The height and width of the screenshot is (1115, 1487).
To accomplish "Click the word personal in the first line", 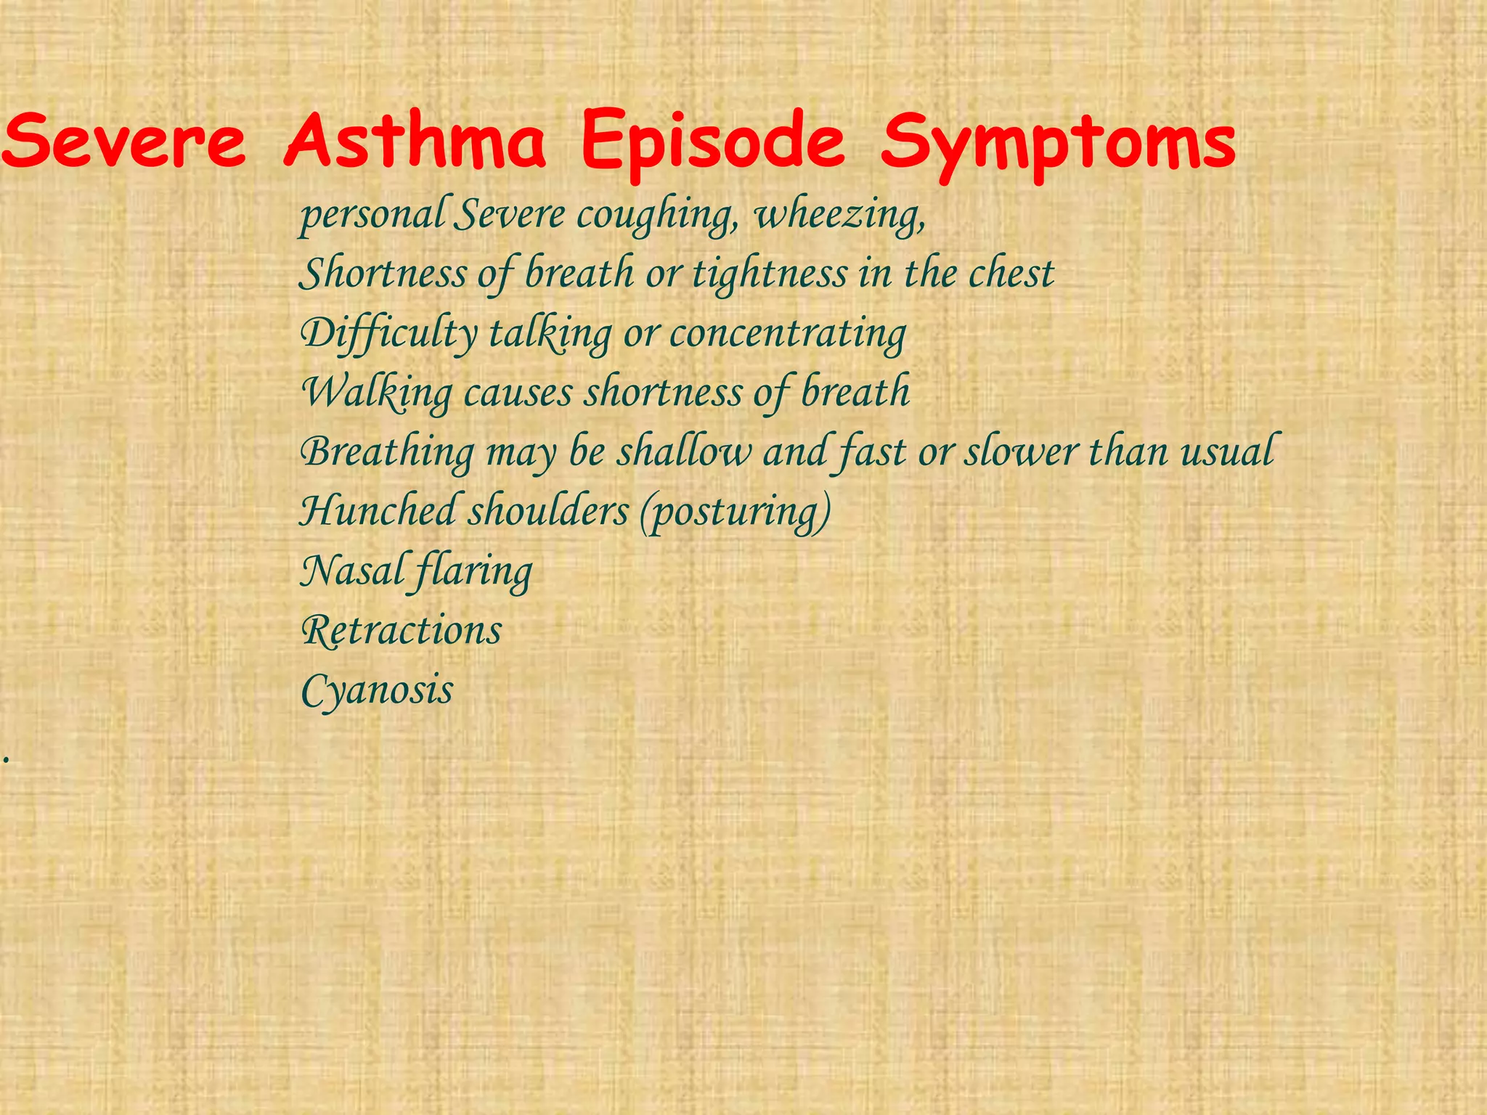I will coord(372,216).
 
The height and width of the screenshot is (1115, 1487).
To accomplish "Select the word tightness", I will coord(770,274).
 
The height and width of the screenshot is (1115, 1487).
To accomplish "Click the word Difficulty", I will coord(388,334).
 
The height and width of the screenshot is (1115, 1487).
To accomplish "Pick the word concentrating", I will coord(788,334).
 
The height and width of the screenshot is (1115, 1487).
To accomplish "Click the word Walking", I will coord(377,393).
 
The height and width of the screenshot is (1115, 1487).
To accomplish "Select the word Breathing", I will coord(387,452).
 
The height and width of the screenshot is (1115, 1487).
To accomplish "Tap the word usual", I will coord(1226,452).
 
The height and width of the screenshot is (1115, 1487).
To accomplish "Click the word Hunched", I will coord(377,511).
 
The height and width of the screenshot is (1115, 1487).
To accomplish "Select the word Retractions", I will coord(401,630).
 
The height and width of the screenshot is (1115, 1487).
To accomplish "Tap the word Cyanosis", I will coord(377,690).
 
